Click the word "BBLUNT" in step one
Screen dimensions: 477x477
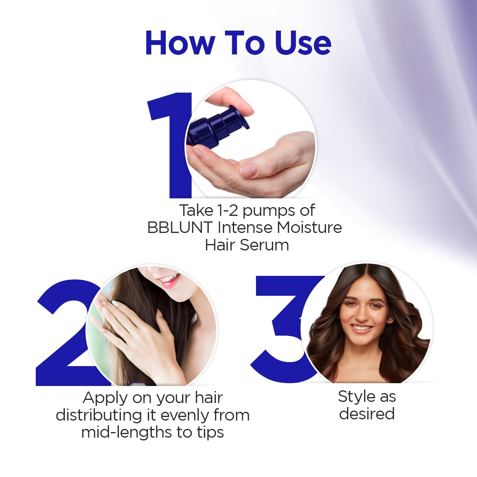pyautogui.click(x=180, y=228)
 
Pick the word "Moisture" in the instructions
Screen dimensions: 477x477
pyautogui.click(x=309, y=228)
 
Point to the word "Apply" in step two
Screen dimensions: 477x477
pyautogui.click(x=106, y=398)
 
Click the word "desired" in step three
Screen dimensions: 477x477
pyautogui.click(x=366, y=414)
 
